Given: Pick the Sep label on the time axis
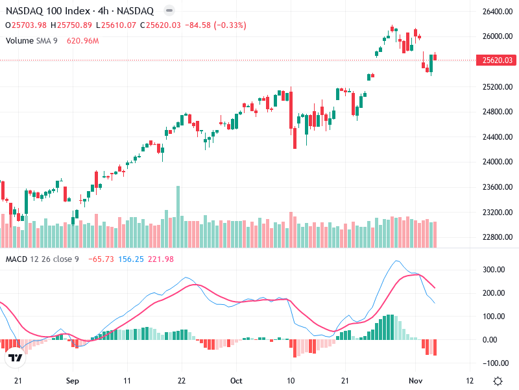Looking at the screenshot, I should click(73, 381).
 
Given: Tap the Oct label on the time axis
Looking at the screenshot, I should click(237, 381).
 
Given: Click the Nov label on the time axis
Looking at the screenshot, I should click(416, 381).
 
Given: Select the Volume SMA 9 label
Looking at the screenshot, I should click(32, 40).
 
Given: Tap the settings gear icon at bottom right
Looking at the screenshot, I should click(498, 381).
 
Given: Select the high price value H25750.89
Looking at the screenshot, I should click(75, 25).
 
